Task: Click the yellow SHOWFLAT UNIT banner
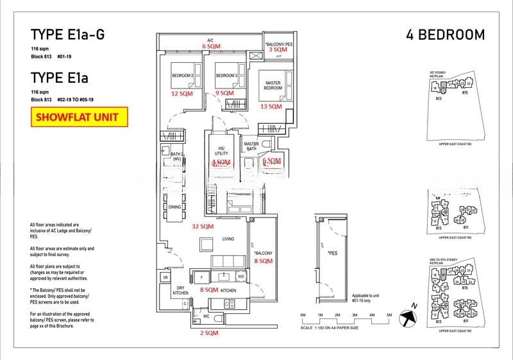point(80,117)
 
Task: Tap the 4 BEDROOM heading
point(445,35)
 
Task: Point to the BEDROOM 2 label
point(182,76)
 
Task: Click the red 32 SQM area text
point(203,227)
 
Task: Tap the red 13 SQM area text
point(271,107)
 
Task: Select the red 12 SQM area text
point(181,94)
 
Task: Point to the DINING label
point(174,207)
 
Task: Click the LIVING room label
point(228,239)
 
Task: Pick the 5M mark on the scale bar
point(389,315)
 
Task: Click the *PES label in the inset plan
point(332,253)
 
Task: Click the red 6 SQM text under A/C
point(210,47)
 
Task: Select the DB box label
point(165,277)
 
